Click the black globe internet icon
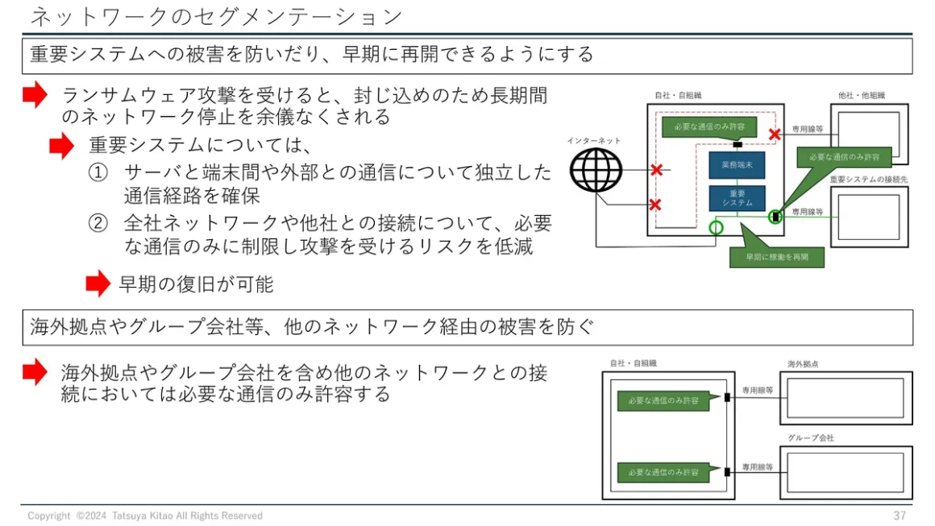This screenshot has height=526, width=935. pos(596,171)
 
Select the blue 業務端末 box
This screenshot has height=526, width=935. pos(737,165)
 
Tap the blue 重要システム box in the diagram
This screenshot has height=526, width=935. pos(737,198)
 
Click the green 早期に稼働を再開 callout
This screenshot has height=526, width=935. pos(777,257)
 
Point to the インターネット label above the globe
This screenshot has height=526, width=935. pos(594,141)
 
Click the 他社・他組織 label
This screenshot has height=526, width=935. pos(861,95)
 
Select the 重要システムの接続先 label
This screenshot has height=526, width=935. pos(868,180)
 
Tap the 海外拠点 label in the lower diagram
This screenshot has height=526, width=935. pos(803,364)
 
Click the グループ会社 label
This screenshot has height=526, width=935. pos(810,438)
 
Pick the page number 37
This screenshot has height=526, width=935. pos(900,516)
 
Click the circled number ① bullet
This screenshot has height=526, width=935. pos(98,172)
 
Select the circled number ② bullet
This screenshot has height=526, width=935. pos(98,223)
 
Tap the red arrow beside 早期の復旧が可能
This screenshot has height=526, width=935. pos(98,284)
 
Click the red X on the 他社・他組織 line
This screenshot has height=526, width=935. pos(775,135)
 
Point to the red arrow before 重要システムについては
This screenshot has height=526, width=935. pos(61,146)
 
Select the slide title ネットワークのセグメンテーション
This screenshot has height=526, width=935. pos(217,17)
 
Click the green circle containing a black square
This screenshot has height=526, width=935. pos(775,217)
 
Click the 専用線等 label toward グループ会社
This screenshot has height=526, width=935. pos(758,467)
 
